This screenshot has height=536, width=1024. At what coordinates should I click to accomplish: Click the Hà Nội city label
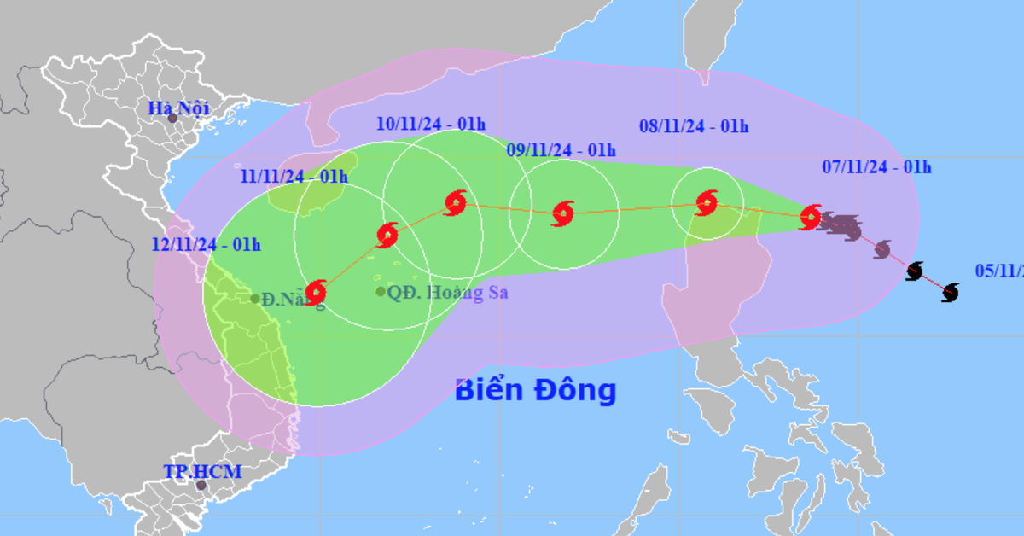click(178, 108)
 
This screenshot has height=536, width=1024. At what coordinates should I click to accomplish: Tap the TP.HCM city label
click(202, 471)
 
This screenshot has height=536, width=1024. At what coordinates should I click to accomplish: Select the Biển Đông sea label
click(535, 390)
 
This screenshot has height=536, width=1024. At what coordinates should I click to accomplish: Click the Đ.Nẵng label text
click(293, 300)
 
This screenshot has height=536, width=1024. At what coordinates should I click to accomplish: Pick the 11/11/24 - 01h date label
click(294, 177)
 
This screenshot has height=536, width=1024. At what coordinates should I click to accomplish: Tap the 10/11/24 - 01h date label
click(431, 124)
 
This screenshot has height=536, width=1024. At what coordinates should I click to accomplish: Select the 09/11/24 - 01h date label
click(561, 150)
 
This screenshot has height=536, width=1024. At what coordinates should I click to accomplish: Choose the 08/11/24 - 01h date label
click(693, 126)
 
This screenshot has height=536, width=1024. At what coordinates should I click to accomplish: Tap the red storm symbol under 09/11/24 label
click(562, 213)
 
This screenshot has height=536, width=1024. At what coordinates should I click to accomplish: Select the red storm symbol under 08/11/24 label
click(707, 202)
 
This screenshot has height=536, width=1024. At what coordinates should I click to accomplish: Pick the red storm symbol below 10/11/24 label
click(456, 202)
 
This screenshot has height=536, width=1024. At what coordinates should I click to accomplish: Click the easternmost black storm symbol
click(950, 293)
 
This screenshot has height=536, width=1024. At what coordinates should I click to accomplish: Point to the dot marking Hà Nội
click(172, 119)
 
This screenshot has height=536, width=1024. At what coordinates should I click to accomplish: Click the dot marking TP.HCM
click(201, 486)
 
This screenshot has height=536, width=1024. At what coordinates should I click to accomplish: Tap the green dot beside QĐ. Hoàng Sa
click(381, 292)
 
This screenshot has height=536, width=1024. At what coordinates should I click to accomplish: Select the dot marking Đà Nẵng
click(255, 299)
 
